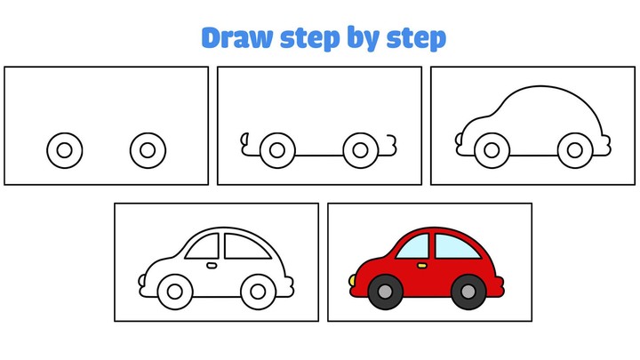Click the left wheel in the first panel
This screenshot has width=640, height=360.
[64, 149]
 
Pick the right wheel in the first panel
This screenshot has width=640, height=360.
[147, 149]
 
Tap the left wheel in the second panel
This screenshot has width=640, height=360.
[277, 149]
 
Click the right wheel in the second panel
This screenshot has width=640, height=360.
[360, 149]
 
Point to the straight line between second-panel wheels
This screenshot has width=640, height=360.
[318, 156]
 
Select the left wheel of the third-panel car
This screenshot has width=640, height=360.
[491, 149]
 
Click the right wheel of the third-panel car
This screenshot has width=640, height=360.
[573, 149]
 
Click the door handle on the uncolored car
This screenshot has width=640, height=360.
[212, 265]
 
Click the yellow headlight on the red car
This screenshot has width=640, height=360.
[352, 281]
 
